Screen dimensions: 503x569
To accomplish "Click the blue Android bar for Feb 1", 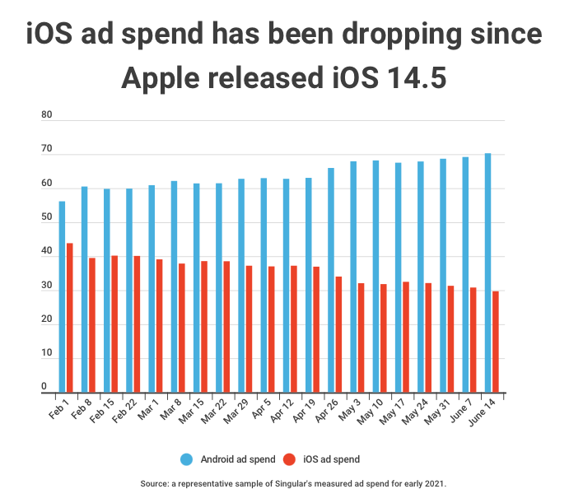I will pos(62,296).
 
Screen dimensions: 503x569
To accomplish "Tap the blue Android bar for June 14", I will pos(487,272).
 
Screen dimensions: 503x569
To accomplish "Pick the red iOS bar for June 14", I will pos(496,342).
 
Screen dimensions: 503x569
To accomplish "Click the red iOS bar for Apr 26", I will pos(338,334).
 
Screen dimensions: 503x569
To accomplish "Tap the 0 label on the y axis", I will pos(44,386).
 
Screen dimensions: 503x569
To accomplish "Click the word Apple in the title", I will pos(167,79).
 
